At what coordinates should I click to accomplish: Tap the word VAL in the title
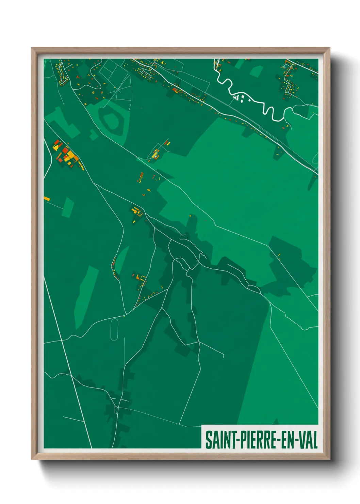tap(308, 440)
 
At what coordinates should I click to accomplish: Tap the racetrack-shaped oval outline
tap(114, 330)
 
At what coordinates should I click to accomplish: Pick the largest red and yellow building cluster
tap(66, 155)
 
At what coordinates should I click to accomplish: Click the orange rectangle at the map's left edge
tap(47, 198)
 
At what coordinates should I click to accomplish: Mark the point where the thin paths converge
tap(115, 89)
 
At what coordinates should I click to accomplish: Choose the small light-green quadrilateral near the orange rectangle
tap(68, 207)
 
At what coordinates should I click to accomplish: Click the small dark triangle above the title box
tap(276, 422)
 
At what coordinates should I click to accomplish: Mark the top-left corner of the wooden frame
tap(32, 48)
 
